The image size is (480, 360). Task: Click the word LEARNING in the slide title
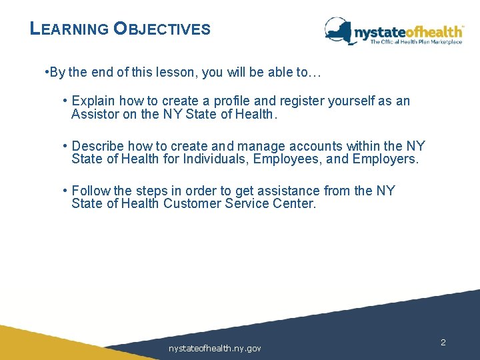(69, 29)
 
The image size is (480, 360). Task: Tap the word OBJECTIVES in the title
(162, 29)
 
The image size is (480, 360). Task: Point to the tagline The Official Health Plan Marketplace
(416, 42)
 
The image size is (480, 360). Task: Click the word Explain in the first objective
(93, 101)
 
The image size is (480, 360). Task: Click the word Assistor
(97, 114)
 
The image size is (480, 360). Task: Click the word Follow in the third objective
(91, 191)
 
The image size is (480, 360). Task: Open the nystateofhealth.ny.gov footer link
(215, 349)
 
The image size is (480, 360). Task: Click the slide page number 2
(443, 342)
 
